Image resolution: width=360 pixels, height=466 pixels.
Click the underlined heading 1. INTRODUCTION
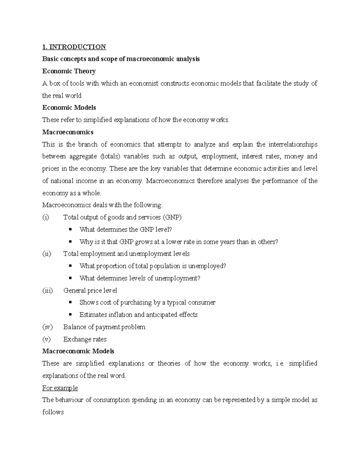pyautogui.click(x=74, y=47)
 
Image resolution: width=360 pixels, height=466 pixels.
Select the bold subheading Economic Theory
pyautogui.click(x=69, y=71)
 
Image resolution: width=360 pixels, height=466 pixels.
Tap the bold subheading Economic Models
pyautogui.click(x=69, y=107)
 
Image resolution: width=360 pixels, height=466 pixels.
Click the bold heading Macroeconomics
pyautogui.click(x=68, y=132)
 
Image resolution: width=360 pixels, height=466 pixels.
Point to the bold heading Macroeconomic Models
pyautogui.click(x=78, y=351)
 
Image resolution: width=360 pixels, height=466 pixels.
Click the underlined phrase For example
pyautogui.click(x=60, y=388)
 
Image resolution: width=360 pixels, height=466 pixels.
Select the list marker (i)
pyautogui.click(x=46, y=217)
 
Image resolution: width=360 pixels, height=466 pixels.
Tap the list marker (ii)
pyautogui.click(x=46, y=254)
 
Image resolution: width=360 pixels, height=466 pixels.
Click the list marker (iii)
pyautogui.click(x=47, y=290)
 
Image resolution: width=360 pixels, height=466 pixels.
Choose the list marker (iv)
pyautogui.click(x=47, y=327)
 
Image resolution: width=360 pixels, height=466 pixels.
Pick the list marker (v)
pyautogui.click(x=46, y=339)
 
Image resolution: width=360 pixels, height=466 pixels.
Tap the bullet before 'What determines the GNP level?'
pyautogui.click(x=70, y=230)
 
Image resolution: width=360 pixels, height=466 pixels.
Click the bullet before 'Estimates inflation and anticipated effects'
pyautogui.click(x=70, y=315)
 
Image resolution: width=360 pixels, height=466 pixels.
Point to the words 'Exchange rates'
pyautogui.click(x=85, y=339)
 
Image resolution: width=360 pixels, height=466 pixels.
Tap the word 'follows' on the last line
pyautogui.click(x=53, y=412)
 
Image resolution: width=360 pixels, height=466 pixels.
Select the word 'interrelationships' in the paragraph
pyautogui.click(x=293, y=144)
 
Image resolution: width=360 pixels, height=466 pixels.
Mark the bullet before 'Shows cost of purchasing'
pyautogui.click(x=70, y=302)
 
